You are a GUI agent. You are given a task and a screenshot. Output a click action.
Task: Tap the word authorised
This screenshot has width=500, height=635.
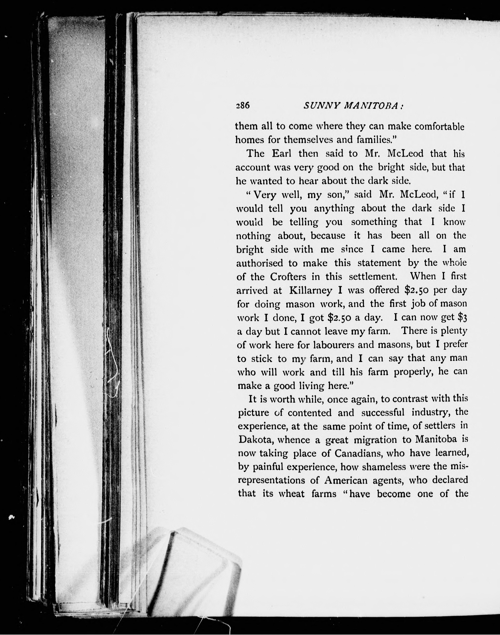click(260, 263)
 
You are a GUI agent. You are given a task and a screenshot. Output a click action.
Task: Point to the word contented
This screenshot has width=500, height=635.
click(310, 413)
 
